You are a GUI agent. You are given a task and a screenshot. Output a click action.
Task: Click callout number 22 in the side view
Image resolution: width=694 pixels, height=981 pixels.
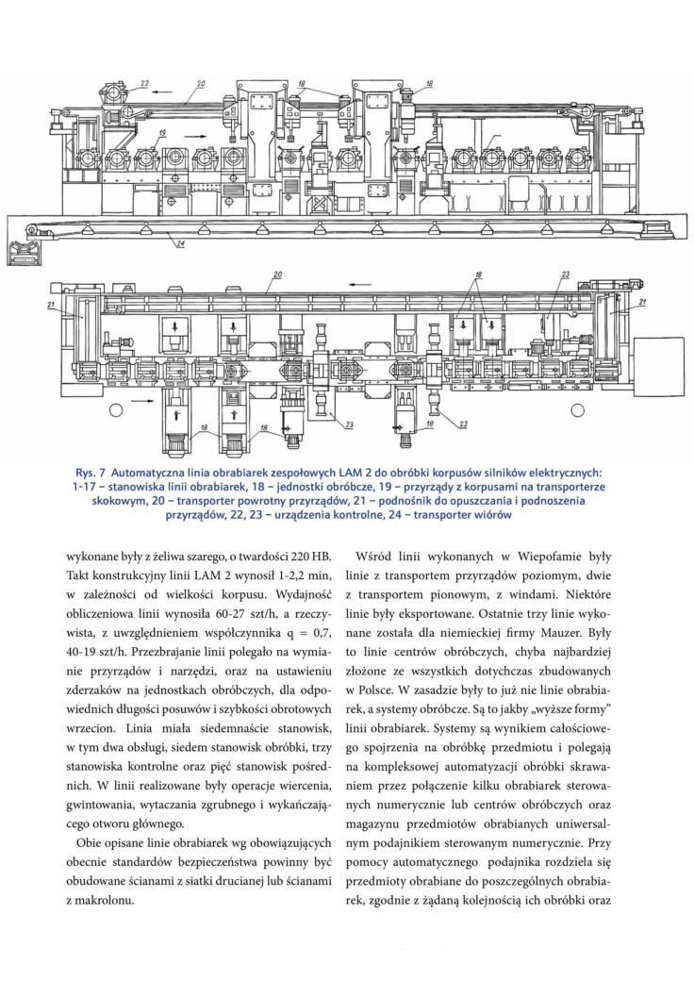[x=144, y=83]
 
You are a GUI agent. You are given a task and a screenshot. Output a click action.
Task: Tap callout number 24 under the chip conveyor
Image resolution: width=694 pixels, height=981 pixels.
[x=180, y=244]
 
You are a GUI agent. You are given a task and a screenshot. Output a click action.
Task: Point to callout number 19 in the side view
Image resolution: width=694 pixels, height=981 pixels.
[x=162, y=133]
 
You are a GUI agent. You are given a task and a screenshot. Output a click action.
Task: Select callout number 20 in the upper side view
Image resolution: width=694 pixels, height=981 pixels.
[x=201, y=83]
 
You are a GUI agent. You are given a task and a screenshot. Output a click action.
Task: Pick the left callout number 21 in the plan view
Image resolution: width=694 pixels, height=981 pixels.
[x=51, y=305]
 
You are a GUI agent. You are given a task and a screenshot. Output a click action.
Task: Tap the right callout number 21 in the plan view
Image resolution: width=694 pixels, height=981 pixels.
[x=642, y=302]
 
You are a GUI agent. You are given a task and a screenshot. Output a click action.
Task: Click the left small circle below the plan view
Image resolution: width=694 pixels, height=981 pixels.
[x=115, y=409]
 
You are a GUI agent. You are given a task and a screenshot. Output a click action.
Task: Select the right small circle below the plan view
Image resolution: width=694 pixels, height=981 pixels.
[x=578, y=409]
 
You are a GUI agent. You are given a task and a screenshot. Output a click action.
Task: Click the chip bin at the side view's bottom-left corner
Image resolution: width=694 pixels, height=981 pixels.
[x=23, y=252]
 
